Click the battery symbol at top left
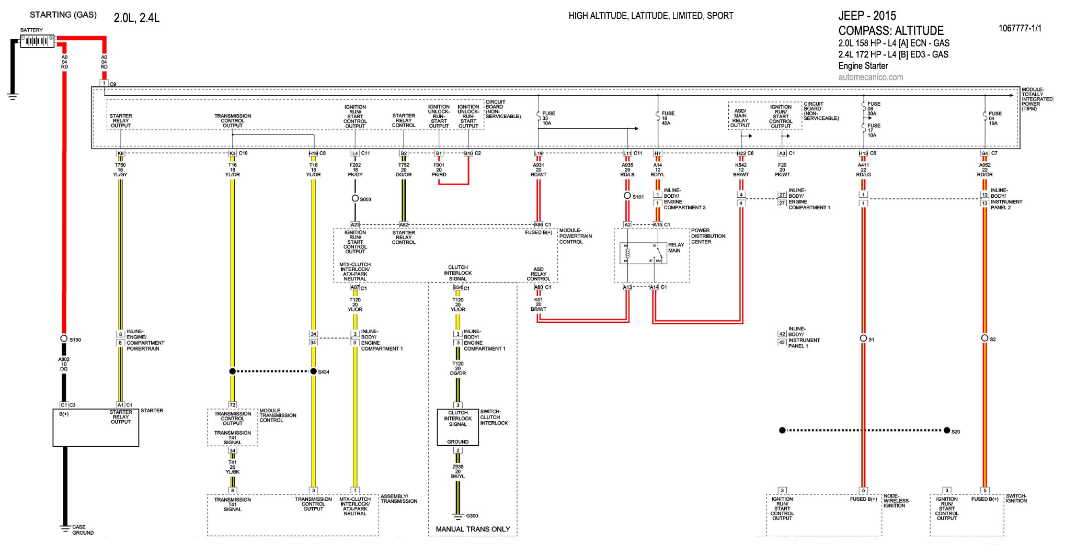tap(37, 41)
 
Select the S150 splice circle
tap(64, 338)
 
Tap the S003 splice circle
tap(355, 198)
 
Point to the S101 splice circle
tap(627, 196)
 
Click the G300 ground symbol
tap(458, 517)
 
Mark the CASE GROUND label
tap(83, 530)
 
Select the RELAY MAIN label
tap(676, 247)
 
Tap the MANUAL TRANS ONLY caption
tap(473, 529)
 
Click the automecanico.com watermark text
tap(871, 77)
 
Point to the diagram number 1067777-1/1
tap(1020, 28)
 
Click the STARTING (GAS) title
tap(63, 15)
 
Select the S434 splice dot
tap(314, 371)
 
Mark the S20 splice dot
tap(947, 431)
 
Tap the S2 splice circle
tap(985, 338)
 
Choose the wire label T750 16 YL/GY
tap(120, 170)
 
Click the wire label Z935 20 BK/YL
tap(458, 471)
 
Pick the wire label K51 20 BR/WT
tap(539, 304)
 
